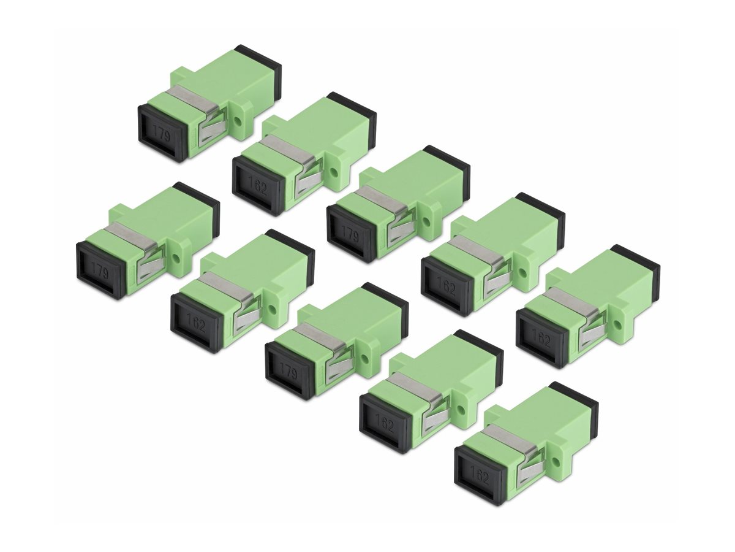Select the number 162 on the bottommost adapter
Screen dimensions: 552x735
click(480, 475)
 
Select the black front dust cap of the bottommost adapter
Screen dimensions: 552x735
click(479, 475)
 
